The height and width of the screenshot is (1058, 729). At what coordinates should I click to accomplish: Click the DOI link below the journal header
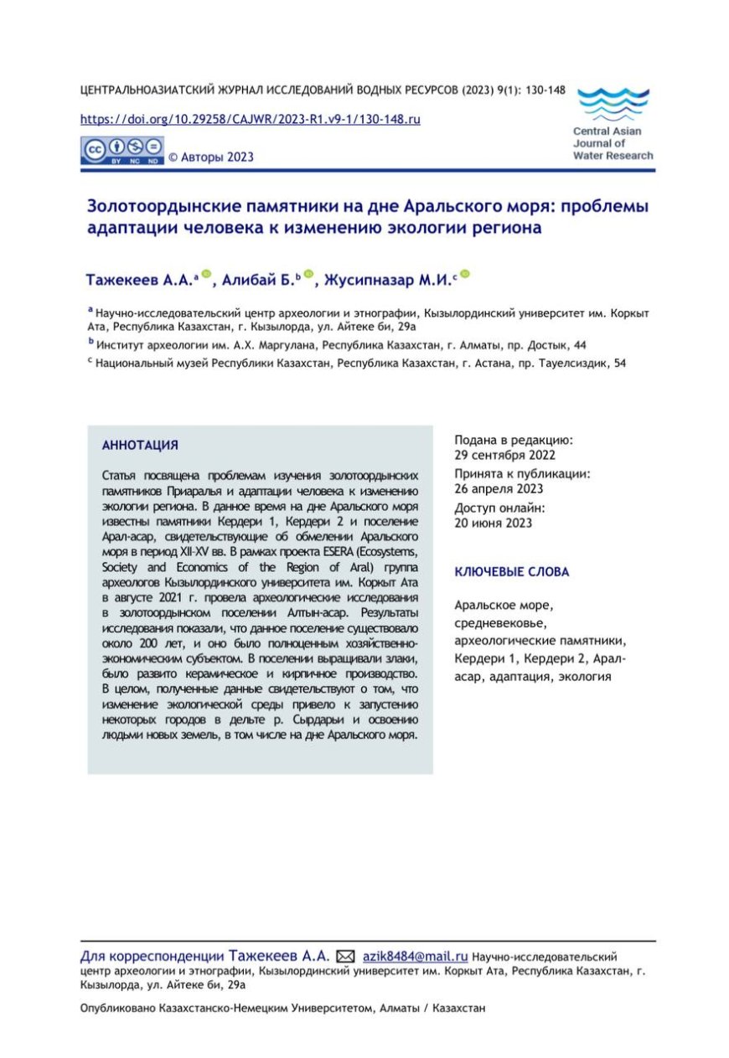pos(250,119)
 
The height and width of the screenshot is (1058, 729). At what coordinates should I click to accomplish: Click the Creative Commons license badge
pos(121,151)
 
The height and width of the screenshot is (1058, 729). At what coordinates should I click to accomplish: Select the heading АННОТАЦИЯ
pos(139,445)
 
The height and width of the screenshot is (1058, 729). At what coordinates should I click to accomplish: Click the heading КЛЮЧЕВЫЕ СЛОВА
pos(511,572)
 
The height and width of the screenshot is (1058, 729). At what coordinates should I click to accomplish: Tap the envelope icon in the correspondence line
pos(345,956)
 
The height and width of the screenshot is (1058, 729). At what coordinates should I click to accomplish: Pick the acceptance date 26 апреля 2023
pos(499,489)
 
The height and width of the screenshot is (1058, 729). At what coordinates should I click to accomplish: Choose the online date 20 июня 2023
pos(494,524)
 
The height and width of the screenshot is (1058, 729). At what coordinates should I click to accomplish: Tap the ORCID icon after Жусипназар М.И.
pos(466,274)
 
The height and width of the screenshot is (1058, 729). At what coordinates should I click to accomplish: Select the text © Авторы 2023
pos(211,157)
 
